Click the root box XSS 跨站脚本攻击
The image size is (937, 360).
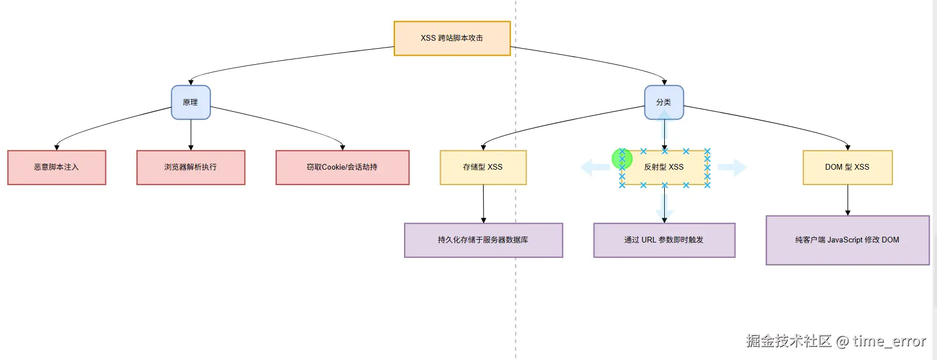tap(452, 38)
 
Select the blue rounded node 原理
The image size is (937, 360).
tap(191, 103)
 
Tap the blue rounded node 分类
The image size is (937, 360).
tap(664, 103)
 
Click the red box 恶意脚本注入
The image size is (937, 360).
tap(57, 167)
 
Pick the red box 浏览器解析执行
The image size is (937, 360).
tap(191, 167)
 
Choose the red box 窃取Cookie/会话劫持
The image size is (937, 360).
tap(342, 167)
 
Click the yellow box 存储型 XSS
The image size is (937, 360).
tap(483, 167)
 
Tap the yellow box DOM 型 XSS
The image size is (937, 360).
tap(847, 167)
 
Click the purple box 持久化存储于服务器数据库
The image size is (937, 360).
tap(483, 240)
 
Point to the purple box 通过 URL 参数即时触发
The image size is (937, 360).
tap(664, 240)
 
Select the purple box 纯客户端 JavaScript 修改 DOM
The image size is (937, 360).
tap(847, 240)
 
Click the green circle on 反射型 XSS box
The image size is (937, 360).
tap(622, 159)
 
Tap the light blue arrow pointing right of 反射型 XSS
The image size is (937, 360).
tap(732, 167)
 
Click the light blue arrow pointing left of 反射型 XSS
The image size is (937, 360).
tap(595, 167)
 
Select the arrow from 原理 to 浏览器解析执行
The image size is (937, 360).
tap(191, 135)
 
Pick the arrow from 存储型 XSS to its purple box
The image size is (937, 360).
tap(484, 204)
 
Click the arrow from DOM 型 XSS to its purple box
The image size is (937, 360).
tap(848, 200)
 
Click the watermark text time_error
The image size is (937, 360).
tap(889, 341)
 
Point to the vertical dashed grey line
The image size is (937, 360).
tap(516, 298)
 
